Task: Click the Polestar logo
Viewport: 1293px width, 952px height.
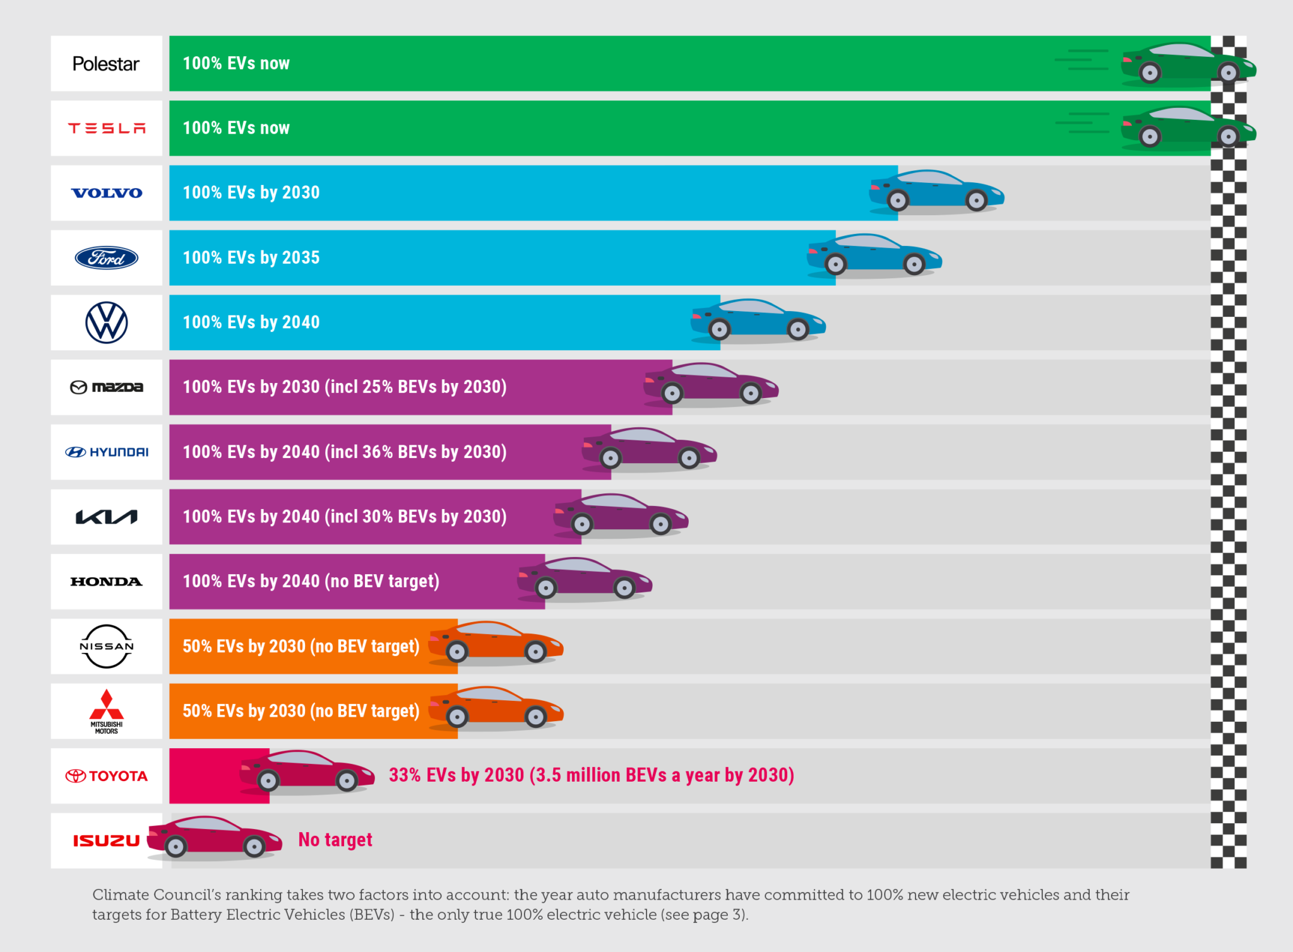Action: [105, 64]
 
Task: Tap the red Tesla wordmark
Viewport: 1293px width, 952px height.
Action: [107, 129]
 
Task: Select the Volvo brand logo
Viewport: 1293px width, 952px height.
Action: [107, 193]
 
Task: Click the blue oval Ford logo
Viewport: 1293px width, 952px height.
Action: [107, 257]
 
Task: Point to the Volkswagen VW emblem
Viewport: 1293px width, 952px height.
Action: [107, 322]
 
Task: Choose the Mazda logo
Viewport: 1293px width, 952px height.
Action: [107, 387]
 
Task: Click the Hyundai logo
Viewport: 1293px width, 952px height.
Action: [107, 452]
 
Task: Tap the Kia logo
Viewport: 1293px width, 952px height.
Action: [107, 517]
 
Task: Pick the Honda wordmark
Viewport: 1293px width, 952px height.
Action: [107, 582]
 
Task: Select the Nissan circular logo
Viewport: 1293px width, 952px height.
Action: [107, 646]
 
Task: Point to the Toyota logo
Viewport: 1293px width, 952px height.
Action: [107, 776]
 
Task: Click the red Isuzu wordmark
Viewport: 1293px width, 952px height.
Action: [106, 840]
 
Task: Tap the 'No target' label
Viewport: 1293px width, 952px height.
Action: [335, 840]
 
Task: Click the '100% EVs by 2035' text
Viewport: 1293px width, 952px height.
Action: [251, 257]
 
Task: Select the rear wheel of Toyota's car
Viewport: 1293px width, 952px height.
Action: [268, 781]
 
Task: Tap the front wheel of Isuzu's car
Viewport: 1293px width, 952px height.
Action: [254, 847]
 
